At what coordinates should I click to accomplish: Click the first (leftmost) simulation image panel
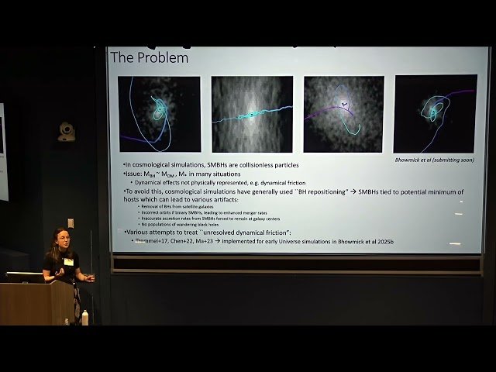click(x=159, y=113)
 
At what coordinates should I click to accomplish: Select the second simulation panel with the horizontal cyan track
click(x=252, y=113)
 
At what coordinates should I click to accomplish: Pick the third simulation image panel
click(x=343, y=113)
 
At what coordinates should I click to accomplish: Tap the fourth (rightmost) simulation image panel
click(x=435, y=113)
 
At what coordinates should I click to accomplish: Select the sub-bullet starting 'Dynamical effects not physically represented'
click(x=209, y=183)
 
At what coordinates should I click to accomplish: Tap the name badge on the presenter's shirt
click(x=68, y=261)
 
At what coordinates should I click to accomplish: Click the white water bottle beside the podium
click(x=84, y=317)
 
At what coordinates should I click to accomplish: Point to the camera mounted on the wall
click(x=67, y=130)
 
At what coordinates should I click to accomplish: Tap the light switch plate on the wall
click(x=71, y=223)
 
